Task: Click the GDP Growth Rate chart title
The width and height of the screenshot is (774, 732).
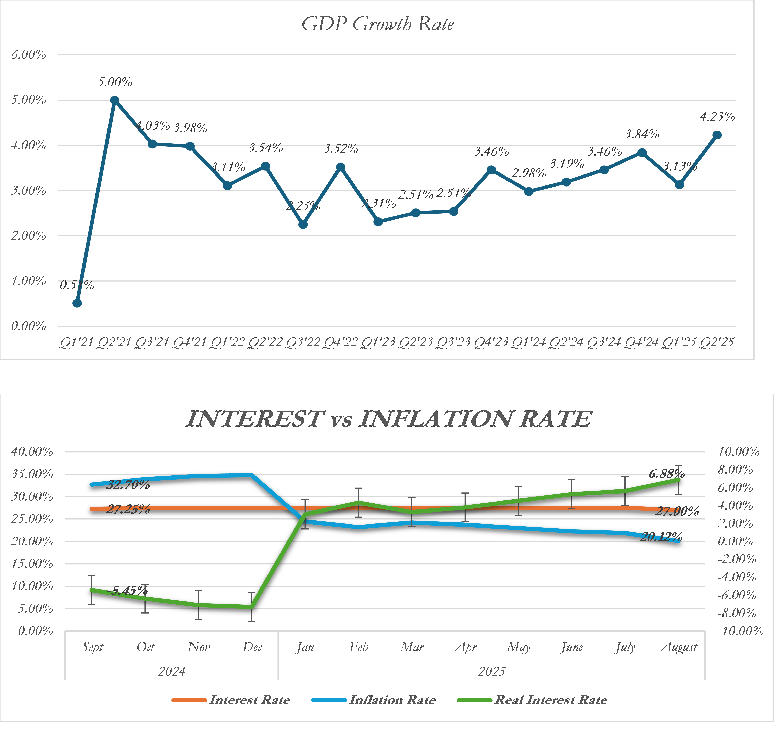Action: [378, 24]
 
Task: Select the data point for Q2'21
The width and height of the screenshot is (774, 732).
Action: [115, 100]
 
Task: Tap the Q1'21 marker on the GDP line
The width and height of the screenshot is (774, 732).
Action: [77, 303]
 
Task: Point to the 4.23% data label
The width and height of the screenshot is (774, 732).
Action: [717, 117]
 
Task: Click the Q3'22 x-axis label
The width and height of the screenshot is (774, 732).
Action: [303, 342]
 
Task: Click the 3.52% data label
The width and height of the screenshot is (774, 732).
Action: [341, 149]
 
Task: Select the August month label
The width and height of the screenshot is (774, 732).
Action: [679, 647]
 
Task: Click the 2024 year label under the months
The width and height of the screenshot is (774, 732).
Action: [172, 672]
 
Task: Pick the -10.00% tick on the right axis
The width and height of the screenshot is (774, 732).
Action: [740, 631]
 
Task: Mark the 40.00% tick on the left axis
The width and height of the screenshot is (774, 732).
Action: [32, 452]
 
